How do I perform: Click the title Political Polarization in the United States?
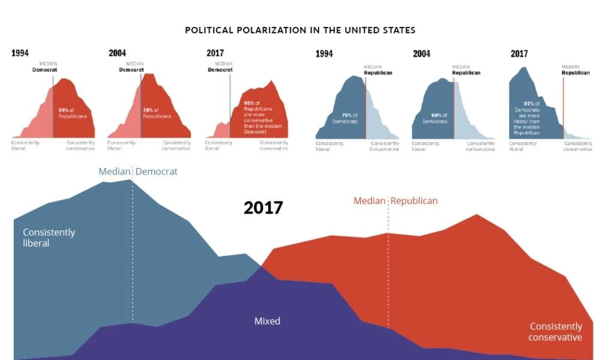(x=300, y=29)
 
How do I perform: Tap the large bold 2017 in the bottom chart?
(x=263, y=208)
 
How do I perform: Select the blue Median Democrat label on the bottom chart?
(x=138, y=172)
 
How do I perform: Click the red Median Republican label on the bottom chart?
(x=395, y=200)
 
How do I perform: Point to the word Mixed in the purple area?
(x=267, y=321)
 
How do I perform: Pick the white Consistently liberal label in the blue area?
(x=49, y=238)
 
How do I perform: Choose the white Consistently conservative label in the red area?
(x=556, y=332)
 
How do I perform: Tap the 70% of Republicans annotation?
(x=158, y=113)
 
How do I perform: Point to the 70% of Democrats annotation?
(x=349, y=118)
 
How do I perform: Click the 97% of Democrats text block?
(x=527, y=118)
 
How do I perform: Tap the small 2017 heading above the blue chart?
(x=520, y=54)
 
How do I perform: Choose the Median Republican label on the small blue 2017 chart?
(x=575, y=70)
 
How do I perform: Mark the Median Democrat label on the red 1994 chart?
(x=44, y=67)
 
